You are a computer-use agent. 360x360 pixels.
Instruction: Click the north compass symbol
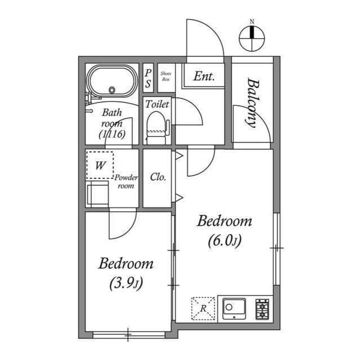[252, 38]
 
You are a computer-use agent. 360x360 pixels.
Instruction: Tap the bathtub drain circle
[112, 90]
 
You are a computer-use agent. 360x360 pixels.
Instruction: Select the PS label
[148, 79]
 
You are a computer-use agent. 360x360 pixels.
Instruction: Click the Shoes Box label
[166, 76]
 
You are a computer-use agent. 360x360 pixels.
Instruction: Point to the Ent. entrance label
[204, 76]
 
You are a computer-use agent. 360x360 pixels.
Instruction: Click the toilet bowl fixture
[156, 128]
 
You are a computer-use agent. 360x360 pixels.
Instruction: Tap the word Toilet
[157, 104]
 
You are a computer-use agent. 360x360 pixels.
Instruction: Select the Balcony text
[253, 103]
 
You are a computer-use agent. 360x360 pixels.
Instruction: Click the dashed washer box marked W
[100, 165]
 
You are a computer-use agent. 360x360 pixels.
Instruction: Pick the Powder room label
[126, 181]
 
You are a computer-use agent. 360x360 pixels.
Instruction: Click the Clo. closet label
[158, 177]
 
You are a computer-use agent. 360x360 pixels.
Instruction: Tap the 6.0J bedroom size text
[225, 241]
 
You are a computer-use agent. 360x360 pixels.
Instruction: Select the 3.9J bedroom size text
[126, 283]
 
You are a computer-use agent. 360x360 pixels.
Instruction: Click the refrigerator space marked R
[203, 308]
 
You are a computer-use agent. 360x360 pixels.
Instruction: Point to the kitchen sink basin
[234, 308]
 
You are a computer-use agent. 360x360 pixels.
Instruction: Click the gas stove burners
[262, 309]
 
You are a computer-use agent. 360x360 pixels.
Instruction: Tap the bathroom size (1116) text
[112, 134]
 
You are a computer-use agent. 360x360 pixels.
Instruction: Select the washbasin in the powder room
[97, 194]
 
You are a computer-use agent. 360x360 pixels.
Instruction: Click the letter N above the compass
[252, 22]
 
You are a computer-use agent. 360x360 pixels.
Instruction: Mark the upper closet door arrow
[179, 156]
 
